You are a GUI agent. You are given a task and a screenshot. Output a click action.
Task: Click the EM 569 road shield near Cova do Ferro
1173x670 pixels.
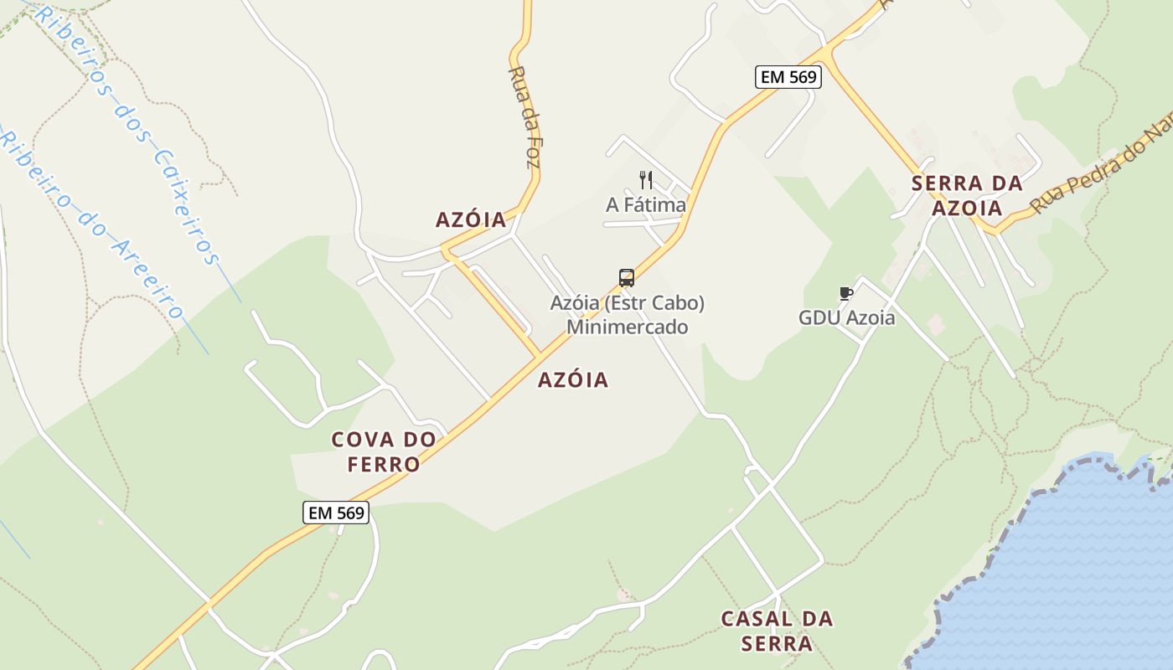336,513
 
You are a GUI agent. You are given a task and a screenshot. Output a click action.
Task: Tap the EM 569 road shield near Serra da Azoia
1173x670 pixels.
788,77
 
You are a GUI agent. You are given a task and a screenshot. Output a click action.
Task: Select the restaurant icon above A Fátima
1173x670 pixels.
645,180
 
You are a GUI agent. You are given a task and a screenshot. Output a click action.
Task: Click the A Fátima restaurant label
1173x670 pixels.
645,205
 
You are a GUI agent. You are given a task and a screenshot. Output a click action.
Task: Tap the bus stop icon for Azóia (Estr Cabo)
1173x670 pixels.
626,278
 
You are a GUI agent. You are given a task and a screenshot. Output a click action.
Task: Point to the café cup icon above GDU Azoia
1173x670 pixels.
845,294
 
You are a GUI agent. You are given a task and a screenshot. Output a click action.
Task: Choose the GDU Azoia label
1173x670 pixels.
846,318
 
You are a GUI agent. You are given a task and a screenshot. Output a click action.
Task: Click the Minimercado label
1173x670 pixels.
627,327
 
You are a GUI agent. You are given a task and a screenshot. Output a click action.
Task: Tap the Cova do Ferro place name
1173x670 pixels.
384,451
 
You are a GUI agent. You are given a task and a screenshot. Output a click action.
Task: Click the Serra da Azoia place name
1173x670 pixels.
967,195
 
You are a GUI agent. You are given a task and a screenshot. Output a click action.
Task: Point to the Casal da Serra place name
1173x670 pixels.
777,631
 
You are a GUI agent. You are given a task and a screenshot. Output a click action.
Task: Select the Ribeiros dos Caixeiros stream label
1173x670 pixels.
126,134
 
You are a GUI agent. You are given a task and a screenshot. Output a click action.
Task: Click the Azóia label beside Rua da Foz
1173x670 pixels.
471,219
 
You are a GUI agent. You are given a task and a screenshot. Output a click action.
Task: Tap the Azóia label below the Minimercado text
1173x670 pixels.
573,380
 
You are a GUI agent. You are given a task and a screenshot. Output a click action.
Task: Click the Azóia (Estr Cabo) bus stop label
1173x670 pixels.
627,303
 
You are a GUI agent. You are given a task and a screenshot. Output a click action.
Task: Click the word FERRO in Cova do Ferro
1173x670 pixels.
384,464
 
